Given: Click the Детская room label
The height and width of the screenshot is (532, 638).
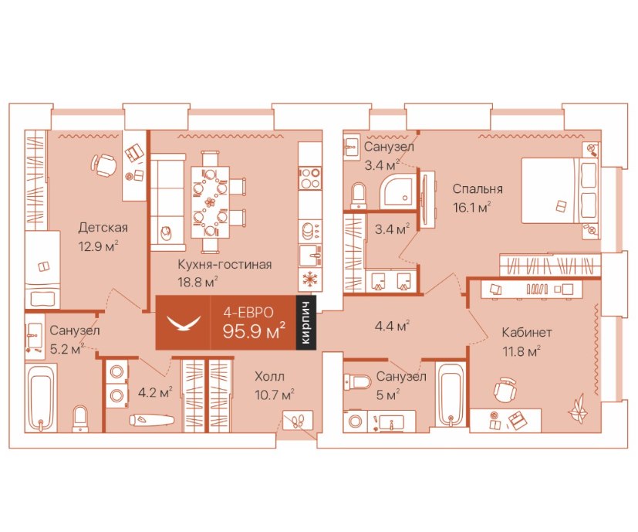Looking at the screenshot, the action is click(103, 227).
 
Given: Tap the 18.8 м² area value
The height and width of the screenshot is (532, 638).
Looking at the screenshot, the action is click(197, 282).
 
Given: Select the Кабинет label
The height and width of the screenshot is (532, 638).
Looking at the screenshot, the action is click(526, 332).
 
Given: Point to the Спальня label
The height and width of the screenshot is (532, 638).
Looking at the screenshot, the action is click(478, 189).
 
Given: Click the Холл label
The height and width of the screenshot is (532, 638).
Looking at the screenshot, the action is click(269, 376).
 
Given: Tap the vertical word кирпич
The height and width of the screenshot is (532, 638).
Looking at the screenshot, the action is click(306, 323).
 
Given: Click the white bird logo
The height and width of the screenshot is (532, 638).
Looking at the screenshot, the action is click(184, 323).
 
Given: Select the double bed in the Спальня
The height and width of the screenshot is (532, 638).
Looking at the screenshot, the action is click(560, 191).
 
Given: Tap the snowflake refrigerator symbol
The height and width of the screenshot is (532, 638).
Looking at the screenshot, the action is click(310, 280).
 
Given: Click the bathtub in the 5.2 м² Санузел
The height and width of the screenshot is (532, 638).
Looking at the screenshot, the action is click(40, 397).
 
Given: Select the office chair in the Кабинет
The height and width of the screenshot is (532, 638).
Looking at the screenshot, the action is click(505, 389).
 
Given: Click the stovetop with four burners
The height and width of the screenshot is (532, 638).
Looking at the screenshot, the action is click(310, 178).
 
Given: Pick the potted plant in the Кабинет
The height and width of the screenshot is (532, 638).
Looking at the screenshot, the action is click(579, 408).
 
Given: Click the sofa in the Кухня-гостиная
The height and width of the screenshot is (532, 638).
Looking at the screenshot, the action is click(168, 202).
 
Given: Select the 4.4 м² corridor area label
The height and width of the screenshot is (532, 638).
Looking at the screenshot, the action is click(392, 326).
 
